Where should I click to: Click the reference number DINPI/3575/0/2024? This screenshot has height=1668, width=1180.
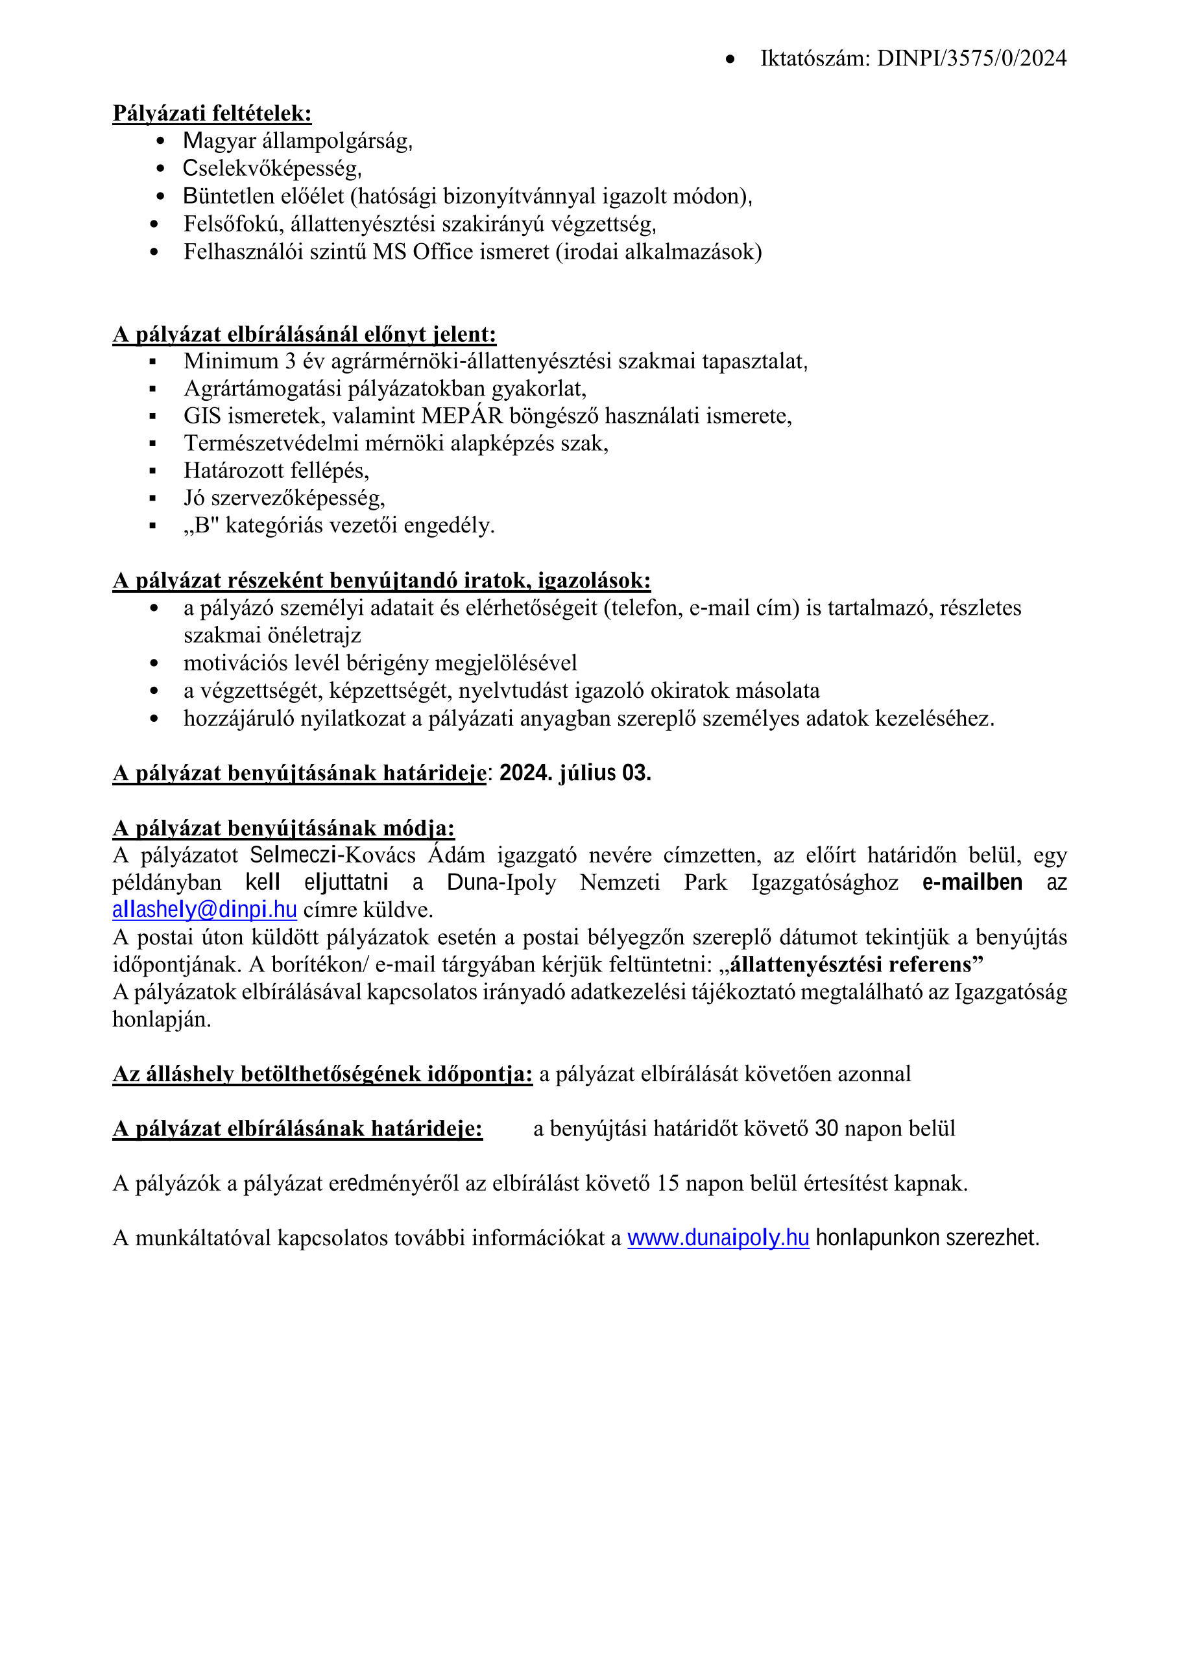972,58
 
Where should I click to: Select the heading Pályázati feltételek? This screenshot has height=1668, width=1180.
211,113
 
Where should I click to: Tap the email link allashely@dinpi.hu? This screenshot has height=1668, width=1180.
204,910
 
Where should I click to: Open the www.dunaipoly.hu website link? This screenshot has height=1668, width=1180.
718,1237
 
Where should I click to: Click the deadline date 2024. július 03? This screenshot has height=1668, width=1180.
575,773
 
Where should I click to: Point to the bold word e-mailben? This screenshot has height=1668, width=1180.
972,882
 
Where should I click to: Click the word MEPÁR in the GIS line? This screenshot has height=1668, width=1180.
462,416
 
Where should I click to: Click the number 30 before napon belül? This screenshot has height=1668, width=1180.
827,1128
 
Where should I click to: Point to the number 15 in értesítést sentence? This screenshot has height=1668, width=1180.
668,1184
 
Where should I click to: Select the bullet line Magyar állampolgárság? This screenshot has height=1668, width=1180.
298,141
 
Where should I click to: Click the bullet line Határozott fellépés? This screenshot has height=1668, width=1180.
276,471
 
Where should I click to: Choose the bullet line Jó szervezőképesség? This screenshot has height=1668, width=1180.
284,498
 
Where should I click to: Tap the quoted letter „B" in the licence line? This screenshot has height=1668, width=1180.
201,525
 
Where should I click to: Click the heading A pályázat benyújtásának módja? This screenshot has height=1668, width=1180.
283,828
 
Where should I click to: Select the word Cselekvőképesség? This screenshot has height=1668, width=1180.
272,169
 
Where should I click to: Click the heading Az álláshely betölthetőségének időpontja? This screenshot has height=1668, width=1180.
322,1074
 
